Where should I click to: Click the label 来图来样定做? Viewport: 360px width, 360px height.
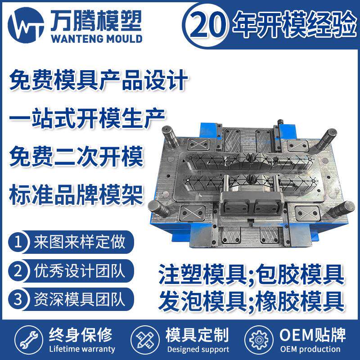79,243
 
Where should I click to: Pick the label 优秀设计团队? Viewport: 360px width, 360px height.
79,271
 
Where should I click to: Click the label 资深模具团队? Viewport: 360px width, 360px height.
79,299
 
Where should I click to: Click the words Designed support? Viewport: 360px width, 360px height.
198,349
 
